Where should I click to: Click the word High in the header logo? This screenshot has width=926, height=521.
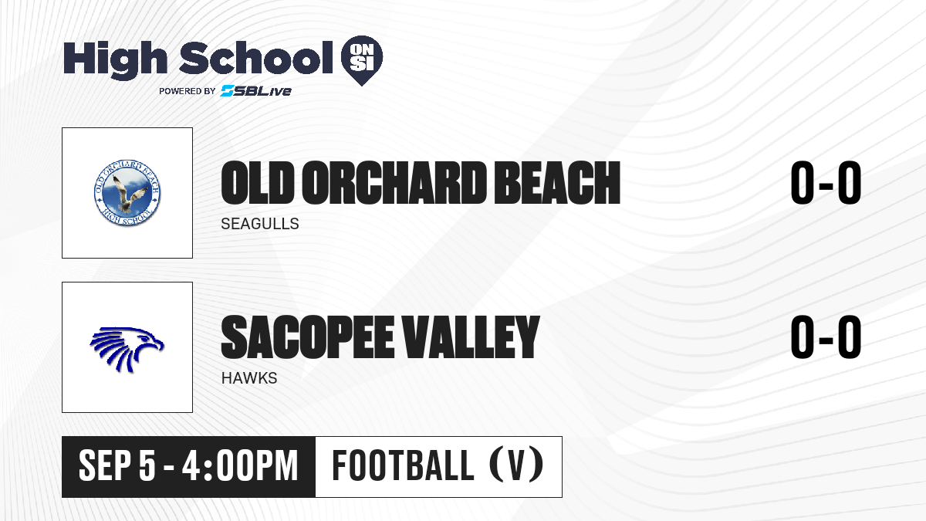115,59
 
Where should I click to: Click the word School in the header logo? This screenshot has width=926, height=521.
256,58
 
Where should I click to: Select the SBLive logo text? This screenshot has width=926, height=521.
256,90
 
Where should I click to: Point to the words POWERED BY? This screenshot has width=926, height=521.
188,91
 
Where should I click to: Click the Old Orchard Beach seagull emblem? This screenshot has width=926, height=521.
127,193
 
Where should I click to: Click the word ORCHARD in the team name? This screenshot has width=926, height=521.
394,183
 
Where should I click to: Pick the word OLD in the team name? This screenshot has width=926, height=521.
258,183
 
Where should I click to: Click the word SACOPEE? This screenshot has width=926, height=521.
308,337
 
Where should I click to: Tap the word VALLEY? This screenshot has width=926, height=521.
471,337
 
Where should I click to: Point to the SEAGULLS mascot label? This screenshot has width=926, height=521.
260,224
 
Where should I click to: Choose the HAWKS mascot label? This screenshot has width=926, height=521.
249,378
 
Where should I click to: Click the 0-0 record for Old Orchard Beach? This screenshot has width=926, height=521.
826,183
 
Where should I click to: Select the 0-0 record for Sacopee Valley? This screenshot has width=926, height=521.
826,337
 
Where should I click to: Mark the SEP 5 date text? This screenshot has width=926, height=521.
117,465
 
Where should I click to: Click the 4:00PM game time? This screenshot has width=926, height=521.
240,465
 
